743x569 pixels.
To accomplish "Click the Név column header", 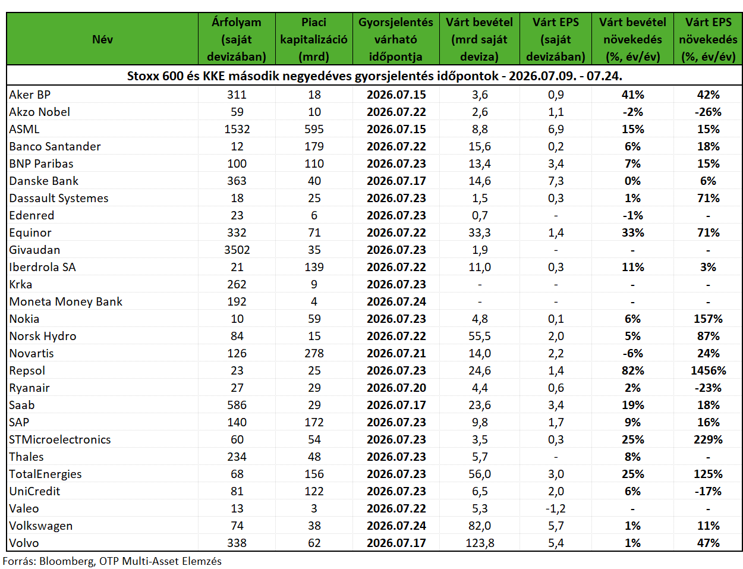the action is pos(102,39).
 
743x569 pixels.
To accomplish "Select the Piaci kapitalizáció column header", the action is pos(314,39).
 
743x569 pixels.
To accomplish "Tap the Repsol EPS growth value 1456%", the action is pos(708,370).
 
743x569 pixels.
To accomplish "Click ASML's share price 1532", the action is pos(237,129).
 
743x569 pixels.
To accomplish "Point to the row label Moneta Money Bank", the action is pos(65,301).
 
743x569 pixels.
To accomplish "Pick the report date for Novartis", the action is pos(396,353).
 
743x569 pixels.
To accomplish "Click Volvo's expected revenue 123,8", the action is pos(480,543).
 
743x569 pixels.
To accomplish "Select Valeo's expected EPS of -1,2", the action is pos(556,508).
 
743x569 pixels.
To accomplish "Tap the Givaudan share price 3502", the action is pos(237,250).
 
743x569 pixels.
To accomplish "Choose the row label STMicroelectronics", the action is pos(60,439).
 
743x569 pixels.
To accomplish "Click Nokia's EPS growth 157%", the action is pos(708,319).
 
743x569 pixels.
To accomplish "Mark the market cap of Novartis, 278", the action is pos(314,353).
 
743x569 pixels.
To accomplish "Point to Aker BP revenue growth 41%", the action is pos(632,95).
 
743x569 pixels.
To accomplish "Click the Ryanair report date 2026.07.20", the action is pos(396,388).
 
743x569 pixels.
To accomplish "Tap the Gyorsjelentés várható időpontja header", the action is pos(396,39).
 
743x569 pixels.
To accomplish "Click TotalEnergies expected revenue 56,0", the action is pos(480,474).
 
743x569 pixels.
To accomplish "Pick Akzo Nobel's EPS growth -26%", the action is pos(708,112).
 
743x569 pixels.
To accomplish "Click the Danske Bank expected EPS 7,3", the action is pos(556,181).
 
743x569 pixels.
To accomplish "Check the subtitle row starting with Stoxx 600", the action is pos(374,76).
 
